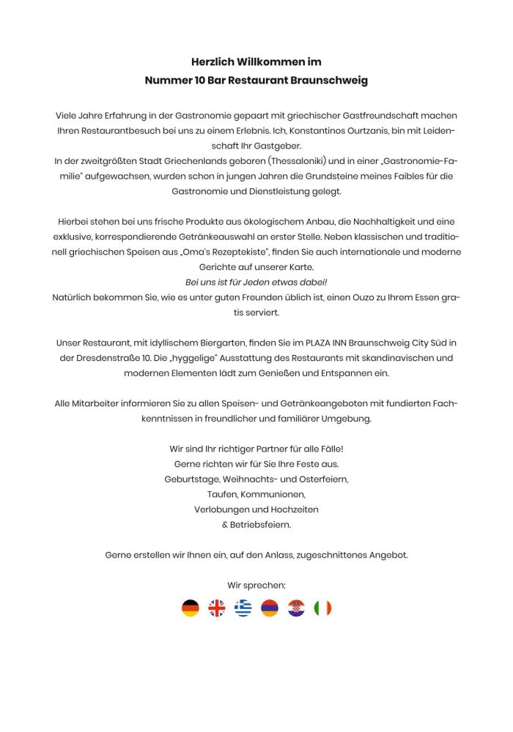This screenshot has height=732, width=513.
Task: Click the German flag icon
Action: click(x=191, y=608)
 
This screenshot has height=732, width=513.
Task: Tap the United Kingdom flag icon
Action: click(x=217, y=608)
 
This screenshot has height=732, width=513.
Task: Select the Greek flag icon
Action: click(x=243, y=608)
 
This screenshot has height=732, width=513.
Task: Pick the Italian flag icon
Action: click(x=322, y=608)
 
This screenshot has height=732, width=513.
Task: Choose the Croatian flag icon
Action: click(x=296, y=608)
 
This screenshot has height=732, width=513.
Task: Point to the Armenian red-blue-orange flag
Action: click(x=270, y=608)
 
